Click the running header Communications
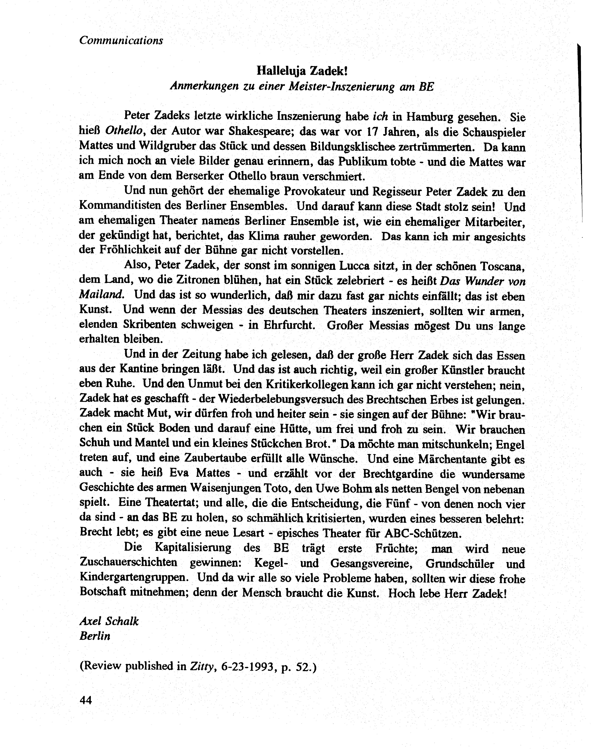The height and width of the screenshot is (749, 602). [121, 40]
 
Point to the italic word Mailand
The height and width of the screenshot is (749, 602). [101, 295]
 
